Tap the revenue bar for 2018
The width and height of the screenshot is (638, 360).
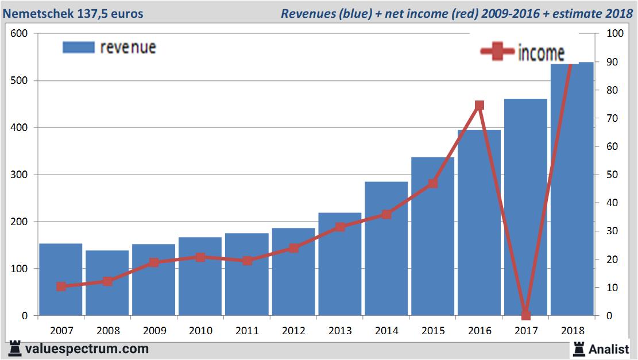pyautogui.click(x=572, y=189)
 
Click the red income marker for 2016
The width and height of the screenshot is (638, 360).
pyautogui.click(x=480, y=106)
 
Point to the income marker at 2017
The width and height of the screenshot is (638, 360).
pyautogui.click(x=526, y=315)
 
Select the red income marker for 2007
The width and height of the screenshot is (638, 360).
pyautogui.click(x=61, y=287)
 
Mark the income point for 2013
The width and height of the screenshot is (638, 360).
pyautogui.click(x=340, y=227)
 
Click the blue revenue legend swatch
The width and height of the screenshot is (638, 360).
pyautogui.click(x=78, y=47)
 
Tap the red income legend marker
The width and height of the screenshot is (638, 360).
pyautogui.click(x=497, y=52)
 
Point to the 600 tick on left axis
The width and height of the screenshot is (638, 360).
pyautogui.click(x=20, y=33)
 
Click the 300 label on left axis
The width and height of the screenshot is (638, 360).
pyautogui.click(x=20, y=175)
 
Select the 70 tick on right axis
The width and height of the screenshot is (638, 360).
pyautogui.click(x=614, y=118)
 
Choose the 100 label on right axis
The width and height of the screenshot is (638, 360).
pyautogui.click(x=616, y=33)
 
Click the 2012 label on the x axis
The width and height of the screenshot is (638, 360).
pyautogui.click(x=293, y=331)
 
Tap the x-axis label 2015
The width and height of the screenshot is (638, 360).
pyautogui.click(x=433, y=331)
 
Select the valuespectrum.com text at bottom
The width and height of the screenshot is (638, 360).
pyautogui.click(x=87, y=349)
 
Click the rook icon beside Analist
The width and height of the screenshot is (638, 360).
pyautogui.click(x=579, y=348)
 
